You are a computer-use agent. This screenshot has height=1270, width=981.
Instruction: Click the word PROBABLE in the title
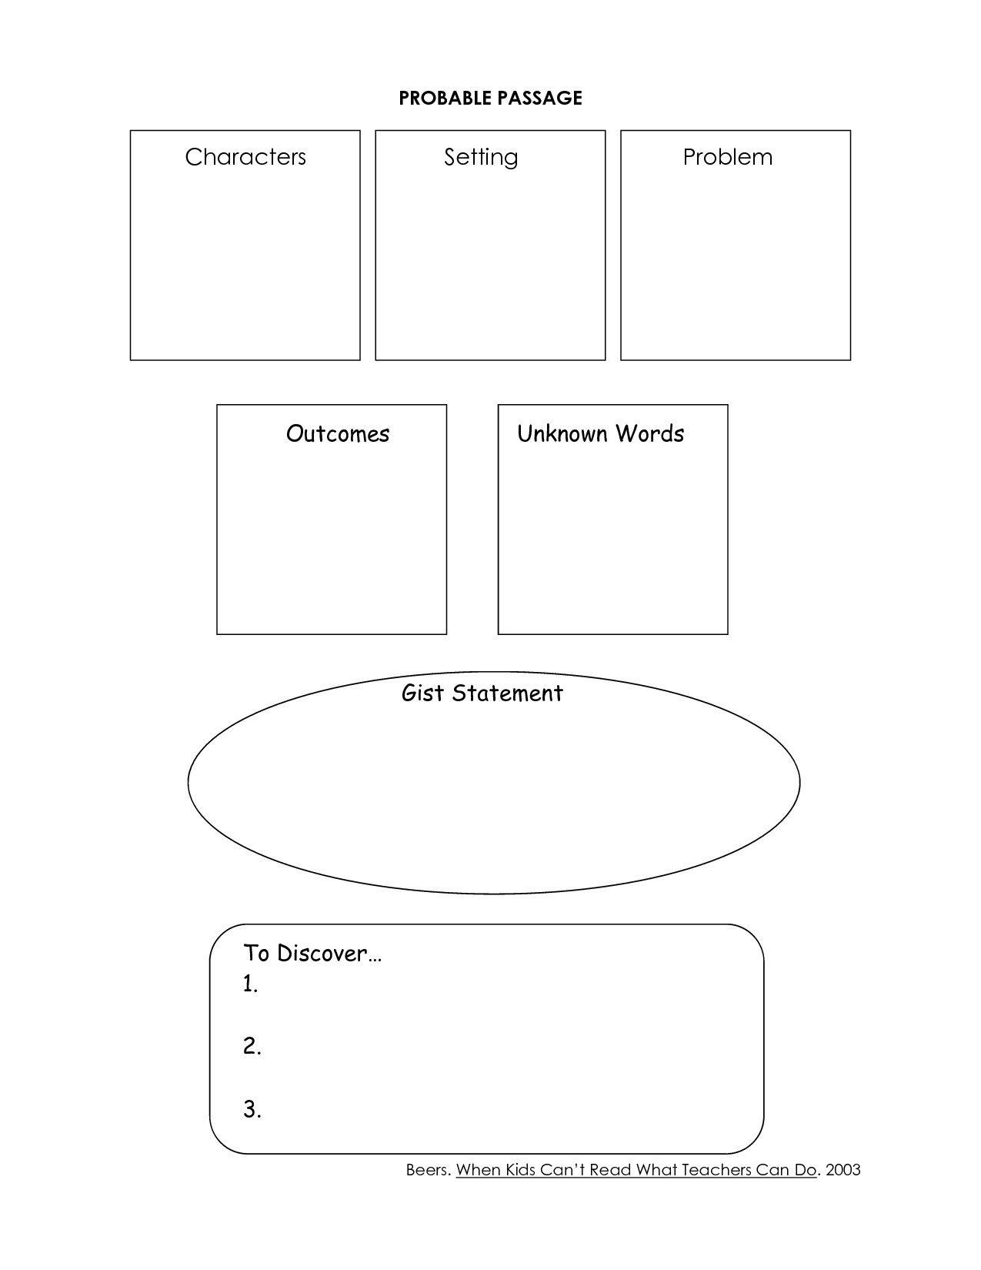(445, 99)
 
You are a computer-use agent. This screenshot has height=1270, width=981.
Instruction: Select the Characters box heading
(245, 156)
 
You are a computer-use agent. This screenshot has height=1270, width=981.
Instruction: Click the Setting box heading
(481, 158)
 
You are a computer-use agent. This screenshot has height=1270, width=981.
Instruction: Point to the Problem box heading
(727, 156)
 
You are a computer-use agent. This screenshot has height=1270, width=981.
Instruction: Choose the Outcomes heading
(338, 433)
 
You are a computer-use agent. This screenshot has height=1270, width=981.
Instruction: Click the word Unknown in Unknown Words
(562, 433)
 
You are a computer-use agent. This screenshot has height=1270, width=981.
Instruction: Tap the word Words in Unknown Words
(649, 433)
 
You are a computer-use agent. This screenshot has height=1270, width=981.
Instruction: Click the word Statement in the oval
(507, 693)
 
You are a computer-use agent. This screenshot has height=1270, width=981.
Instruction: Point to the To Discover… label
(312, 953)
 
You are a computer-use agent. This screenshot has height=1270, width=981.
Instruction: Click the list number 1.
(251, 984)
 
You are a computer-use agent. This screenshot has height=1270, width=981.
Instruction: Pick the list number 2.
(252, 1046)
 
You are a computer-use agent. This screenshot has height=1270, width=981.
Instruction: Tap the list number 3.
(252, 1109)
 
